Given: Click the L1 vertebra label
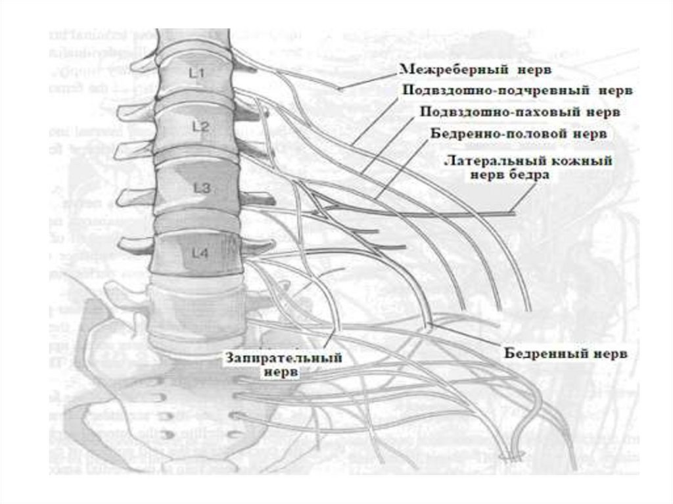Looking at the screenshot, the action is point(197,74).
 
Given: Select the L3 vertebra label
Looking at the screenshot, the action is point(202,189).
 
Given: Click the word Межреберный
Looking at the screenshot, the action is point(440,68).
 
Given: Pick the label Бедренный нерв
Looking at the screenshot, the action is point(566,354).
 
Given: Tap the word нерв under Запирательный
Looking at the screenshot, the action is point(281,372).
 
